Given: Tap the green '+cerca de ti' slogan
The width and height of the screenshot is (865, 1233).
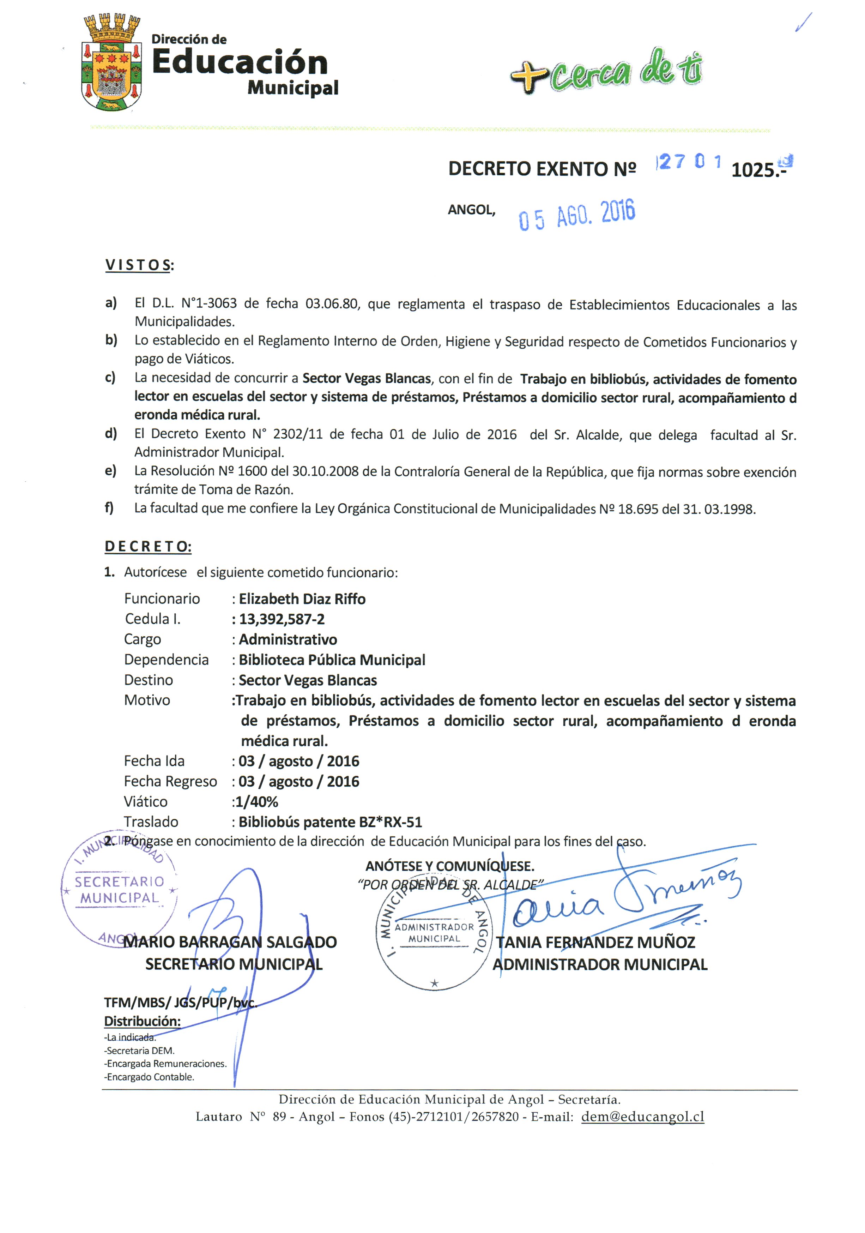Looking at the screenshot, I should (x=606, y=71).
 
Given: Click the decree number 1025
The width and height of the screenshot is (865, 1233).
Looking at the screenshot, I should (x=754, y=170).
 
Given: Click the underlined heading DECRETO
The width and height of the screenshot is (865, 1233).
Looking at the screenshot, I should (x=148, y=546).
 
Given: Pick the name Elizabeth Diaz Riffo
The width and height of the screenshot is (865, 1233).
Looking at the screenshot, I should (x=302, y=599).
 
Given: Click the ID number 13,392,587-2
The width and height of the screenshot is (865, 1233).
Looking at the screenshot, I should (x=282, y=619).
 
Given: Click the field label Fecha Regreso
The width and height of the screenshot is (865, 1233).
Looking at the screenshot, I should (x=170, y=781).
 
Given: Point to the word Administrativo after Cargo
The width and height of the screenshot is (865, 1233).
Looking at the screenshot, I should (x=288, y=639).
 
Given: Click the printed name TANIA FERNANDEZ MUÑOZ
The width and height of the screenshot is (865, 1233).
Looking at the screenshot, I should (x=595, y=943).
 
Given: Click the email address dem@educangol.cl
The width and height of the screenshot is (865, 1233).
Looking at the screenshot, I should (x=642, y=1117).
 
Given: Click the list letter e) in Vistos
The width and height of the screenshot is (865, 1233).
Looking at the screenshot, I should (x=111, y=471).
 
